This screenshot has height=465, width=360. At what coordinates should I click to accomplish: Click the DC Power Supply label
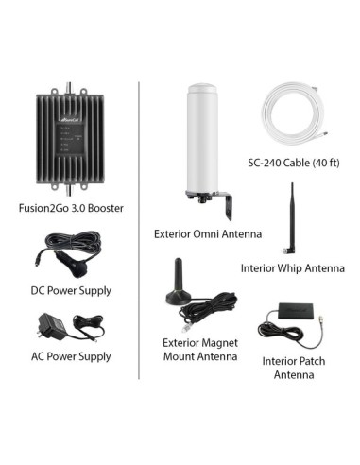point(70,289)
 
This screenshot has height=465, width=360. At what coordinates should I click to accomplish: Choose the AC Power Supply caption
point(70,356)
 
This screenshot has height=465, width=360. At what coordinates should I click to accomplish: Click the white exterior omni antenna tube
point(205,142)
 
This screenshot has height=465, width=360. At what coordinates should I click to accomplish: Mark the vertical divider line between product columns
point(139,236)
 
